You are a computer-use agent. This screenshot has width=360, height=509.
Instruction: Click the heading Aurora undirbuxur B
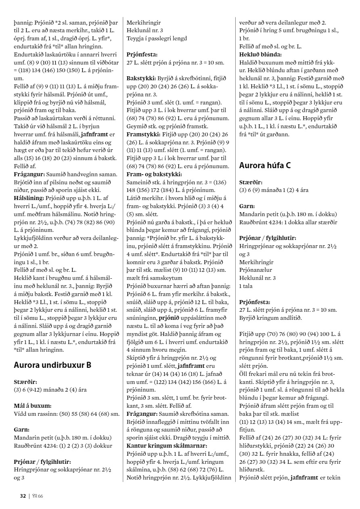click(x=52, y=365)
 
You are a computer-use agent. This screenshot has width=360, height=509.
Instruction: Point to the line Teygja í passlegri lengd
click(x=157, y=38)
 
